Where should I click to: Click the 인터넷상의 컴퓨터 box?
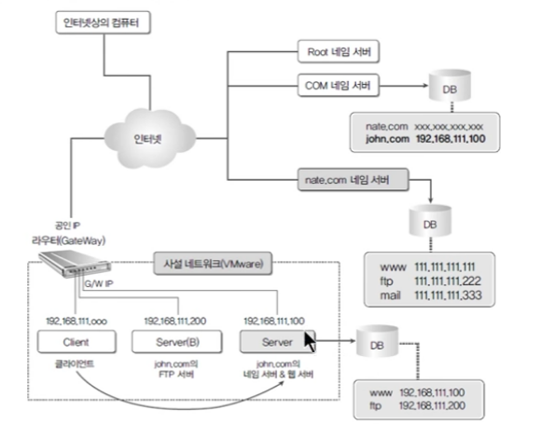(x=103, y=22)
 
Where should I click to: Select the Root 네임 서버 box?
(x=338, y=51)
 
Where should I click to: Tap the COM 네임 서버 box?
(x=338, y=85)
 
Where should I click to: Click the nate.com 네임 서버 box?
(x=353, y=180)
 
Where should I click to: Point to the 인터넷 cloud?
(x=149, y=138)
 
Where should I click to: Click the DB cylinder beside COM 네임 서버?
(x=450, y=86)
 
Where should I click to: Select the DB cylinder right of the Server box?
(x=377, y=342)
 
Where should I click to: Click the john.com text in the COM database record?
(x=387, y=139)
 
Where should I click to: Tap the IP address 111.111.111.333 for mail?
(x=448, y=295)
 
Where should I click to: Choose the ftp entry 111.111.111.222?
(x=448, y=281)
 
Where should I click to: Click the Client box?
(x=76, y=342)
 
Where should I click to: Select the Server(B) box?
(x=177, y=342)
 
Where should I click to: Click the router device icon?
(x=75, y=264)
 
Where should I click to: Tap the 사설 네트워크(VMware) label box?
(x=213, y=264)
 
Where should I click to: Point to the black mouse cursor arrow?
(x=310, y=342)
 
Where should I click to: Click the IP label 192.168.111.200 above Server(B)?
(x=175, y=321)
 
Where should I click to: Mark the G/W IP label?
(x=99, y=283)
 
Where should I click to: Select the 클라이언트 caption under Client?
(x=75, y=363)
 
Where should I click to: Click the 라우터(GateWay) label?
(x=69, y=240)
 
